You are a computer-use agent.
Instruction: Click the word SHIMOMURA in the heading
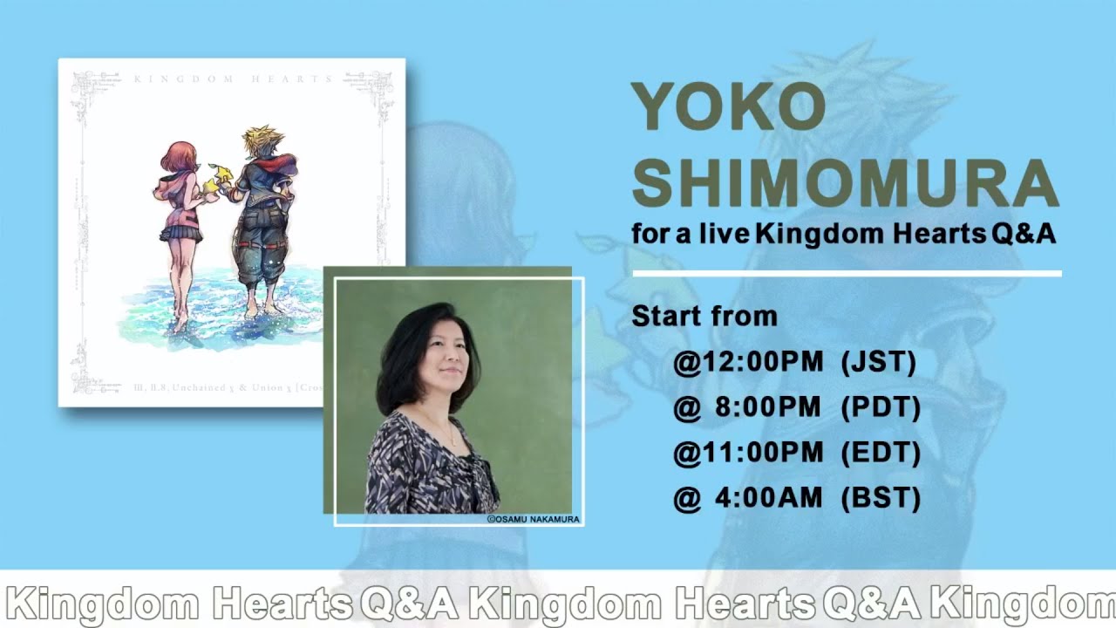pos(844,182)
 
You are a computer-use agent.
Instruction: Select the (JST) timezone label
pos(879,362)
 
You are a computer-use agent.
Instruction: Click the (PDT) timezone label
pos(881,407)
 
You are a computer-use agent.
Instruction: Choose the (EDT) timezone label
pos(881,453)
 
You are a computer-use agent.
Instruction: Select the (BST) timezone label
pos(881,498)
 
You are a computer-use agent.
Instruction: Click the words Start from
pos(704,316)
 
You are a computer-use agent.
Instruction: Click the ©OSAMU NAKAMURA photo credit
pos(534,519)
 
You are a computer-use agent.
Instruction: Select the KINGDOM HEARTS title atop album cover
pos(233,79)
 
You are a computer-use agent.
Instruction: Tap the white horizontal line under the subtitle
pos(846,274)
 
